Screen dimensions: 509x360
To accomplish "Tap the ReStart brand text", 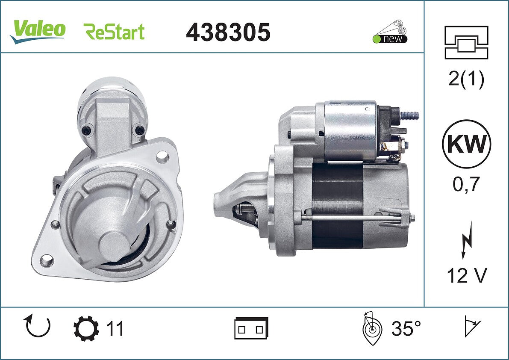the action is pos(114,32).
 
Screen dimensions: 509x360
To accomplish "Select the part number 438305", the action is pos(228,32).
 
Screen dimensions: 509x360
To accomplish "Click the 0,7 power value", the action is pos(466,184).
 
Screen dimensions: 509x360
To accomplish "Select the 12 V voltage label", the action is pos(467,276).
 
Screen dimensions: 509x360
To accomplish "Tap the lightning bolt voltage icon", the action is pos(466,240).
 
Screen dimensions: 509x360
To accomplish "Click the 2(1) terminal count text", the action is pos(466,79).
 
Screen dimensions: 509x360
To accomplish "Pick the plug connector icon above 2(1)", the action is pos(466,42).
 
